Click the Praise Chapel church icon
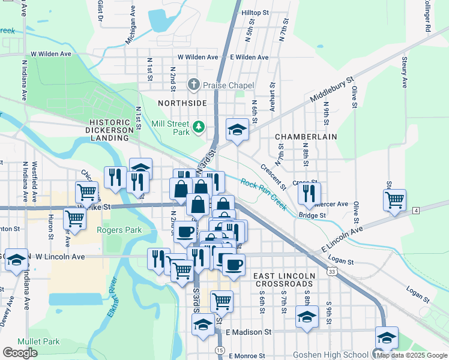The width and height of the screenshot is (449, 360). [x=193, y=85]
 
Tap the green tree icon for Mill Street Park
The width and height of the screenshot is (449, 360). [x=199, y=127]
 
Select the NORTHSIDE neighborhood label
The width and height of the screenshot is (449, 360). [x=182, y=103]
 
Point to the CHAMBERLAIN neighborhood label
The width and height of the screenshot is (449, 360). [x=306, y=137]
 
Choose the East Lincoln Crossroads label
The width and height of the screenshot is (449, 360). [x=284, y=280]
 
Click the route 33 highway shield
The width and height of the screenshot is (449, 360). [x=332, y=271]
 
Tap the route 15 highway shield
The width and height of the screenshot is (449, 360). [x=220, y=349]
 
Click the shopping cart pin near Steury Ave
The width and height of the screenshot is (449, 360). [x=394, y=200]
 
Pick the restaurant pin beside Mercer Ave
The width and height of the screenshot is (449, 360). [x=309, y=193]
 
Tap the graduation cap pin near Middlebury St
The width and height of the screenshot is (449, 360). [x=237, y=129]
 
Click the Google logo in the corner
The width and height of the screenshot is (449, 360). [x=20, y=353]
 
